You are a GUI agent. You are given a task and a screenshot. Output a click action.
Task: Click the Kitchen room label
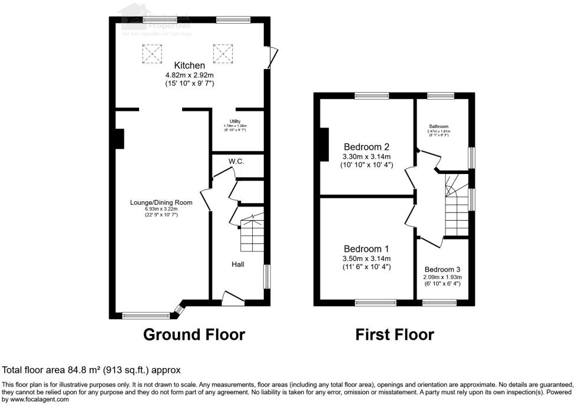189,66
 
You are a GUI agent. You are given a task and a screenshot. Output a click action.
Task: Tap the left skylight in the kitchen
150,54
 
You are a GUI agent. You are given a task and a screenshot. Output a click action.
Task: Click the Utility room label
235,122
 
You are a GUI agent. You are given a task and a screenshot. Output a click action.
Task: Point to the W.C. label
237,161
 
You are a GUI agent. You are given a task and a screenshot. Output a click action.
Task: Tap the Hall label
237,264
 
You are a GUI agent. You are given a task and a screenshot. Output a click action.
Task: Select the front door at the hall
233,299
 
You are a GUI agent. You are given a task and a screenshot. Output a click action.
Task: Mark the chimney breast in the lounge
120,139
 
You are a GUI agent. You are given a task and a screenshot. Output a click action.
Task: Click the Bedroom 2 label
366,147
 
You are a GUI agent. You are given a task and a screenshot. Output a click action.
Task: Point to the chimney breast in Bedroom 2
324,145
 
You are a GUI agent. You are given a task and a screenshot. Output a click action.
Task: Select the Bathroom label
439,126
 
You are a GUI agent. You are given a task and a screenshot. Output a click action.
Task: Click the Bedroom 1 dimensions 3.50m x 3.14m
366,258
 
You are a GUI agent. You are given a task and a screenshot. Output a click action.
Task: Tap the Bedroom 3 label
442,269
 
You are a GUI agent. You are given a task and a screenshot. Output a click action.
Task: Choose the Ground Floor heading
194,335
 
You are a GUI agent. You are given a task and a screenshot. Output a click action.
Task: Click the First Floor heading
395,335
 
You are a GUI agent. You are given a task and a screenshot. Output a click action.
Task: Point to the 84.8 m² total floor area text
91,370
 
